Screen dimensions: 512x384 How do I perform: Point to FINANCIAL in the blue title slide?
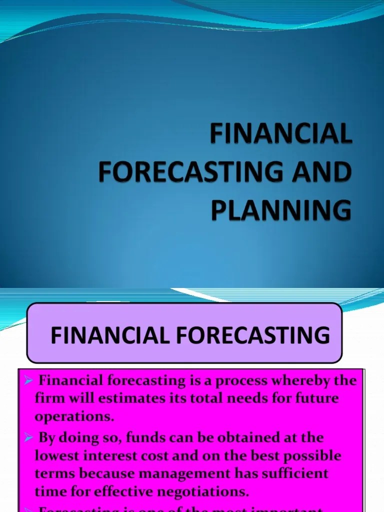point(281,135)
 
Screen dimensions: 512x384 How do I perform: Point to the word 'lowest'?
point(53,456)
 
